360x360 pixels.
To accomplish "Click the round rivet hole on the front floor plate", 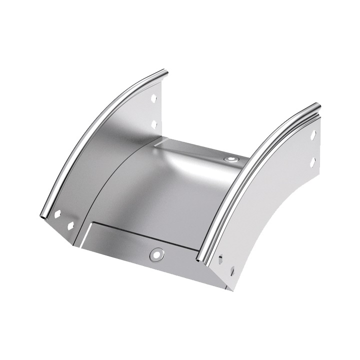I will [157, 254].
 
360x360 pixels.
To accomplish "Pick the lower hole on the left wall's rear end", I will [154, 123].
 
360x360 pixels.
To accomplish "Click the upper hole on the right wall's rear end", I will [313, 135].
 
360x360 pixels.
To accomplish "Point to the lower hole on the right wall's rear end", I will [312, 162].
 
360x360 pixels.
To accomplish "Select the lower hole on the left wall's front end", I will [70, 226].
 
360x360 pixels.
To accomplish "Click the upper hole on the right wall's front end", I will [220, 259].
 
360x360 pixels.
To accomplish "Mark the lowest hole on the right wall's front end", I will [232, 271].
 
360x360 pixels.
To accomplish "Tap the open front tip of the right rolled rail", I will [202, 258].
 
